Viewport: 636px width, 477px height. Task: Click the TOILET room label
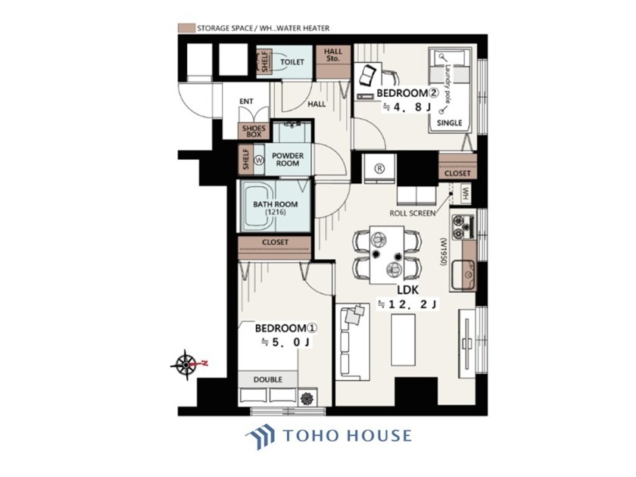(x=292, y=62)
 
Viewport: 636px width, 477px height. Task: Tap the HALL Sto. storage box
(x=333, y=61)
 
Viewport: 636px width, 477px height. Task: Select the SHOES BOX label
(x=254, y=131)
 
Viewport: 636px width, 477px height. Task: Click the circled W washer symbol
(x=259, y=160)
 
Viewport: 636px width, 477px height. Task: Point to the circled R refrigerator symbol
(x=379, y=168)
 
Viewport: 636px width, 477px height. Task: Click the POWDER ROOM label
(x=288, y=160)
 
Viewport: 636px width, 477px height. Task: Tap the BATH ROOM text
(x=276, y=204)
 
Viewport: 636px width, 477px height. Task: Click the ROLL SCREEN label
(x=412, y=213)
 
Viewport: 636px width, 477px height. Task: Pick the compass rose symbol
(x=186, y=364)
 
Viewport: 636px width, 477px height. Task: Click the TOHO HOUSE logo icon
(x=260, y=437)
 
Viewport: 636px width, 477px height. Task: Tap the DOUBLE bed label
(x=268, y=379)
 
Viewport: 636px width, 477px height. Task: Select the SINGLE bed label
(x=450, y=123)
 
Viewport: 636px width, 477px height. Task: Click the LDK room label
(x=407, y=290)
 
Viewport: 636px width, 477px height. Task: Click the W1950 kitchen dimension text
(x=444, y=251)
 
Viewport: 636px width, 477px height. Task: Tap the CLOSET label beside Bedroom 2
(x=457, y=173)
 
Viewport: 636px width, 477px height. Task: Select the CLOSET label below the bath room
(x=275, y=242)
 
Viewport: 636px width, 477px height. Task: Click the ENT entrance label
(x=246, y=101)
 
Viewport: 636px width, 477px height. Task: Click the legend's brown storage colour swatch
(x=186, y=28)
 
